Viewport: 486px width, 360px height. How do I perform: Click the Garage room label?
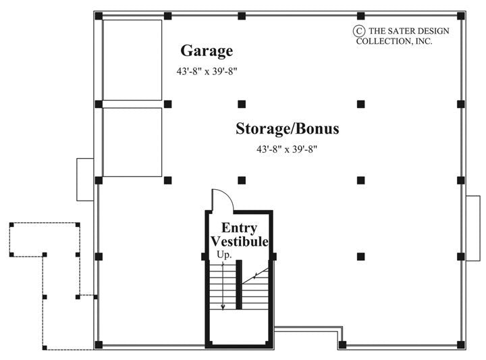tap(207, 51)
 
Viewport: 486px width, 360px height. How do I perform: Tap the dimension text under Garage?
tap(207, 70)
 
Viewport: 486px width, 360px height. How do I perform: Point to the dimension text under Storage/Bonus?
tap(287, 149)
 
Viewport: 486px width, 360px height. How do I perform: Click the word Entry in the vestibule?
tap(240, 228)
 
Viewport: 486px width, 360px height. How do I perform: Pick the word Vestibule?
tap(240, 241)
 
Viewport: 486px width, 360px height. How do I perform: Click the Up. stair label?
tap(224, 255)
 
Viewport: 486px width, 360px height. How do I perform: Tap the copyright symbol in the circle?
tap(359, 30)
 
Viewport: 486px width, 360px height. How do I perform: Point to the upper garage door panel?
tap(132, 60)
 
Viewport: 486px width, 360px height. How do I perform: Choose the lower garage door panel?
tap(132, 143)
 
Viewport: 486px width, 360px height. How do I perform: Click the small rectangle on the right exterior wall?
tap(473, 218)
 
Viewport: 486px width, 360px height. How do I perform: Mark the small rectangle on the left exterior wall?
tap(84, 179)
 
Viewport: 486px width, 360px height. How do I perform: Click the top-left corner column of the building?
tap(99, 16)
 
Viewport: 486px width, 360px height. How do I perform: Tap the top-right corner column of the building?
tap(460, 16)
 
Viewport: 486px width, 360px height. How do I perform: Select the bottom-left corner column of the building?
tap(99, 344)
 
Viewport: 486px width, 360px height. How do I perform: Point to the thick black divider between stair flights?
tap(239, 284)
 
